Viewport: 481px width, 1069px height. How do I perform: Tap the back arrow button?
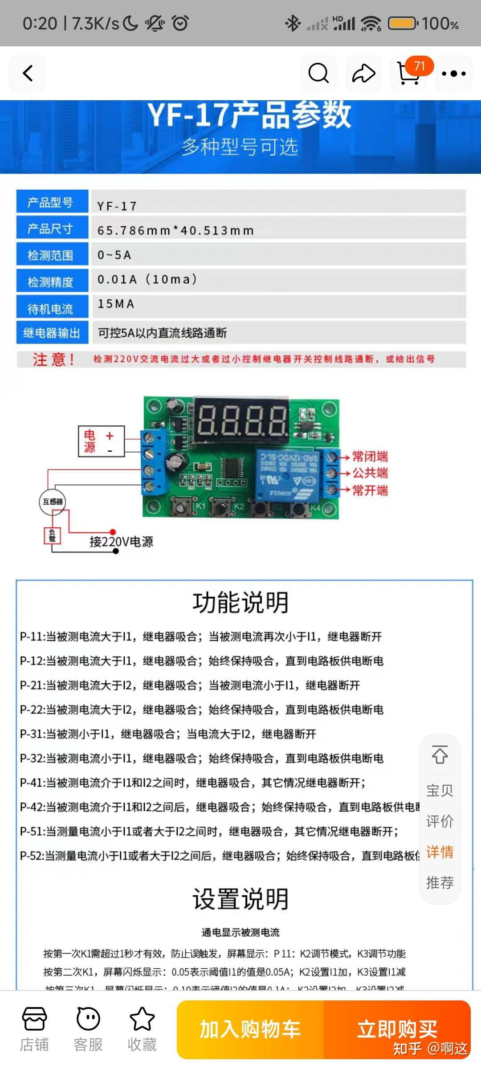click(28, 73)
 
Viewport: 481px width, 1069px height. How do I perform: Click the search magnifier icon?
click(318, 73)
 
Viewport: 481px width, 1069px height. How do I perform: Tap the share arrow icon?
click(363, 73)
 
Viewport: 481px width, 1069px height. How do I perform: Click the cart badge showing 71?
click(419, 67)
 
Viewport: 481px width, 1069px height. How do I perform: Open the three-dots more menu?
click(453, 73)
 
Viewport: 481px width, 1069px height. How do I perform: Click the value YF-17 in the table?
click(117, 206)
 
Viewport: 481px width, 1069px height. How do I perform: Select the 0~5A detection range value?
click(114, 255)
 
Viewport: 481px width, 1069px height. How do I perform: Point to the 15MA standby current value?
click(116, 304)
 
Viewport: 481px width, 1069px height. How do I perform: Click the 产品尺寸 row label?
click(50, 229)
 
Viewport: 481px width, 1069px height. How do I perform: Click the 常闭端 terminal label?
click(370, 457)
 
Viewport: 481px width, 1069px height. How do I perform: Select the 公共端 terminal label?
click(370, 473)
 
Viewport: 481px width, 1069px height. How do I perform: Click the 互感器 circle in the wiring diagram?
click(53, 502)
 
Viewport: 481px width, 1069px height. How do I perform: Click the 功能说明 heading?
click(240, 602)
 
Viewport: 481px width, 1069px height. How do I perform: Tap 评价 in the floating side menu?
click(440, 821)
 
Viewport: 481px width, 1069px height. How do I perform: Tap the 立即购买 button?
click(397, 1029)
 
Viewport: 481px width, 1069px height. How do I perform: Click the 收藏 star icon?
click(142, 1019)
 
